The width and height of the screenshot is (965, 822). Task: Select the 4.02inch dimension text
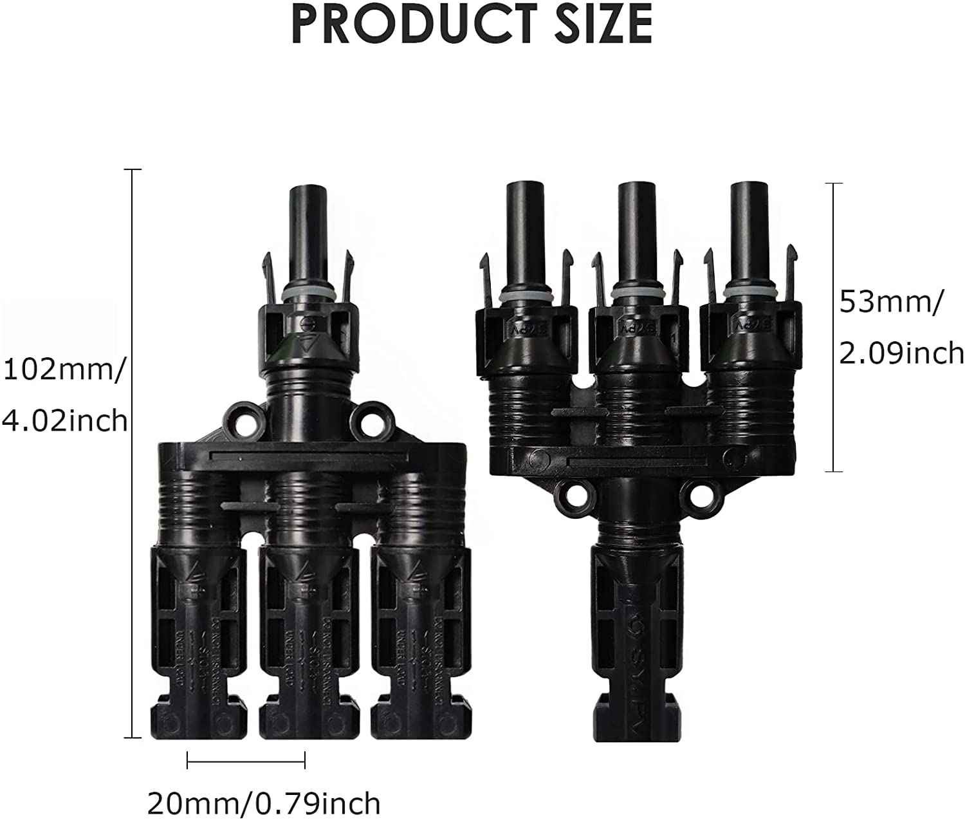click(64, 421)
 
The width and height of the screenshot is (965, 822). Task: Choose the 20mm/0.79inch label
click(264, 803)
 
